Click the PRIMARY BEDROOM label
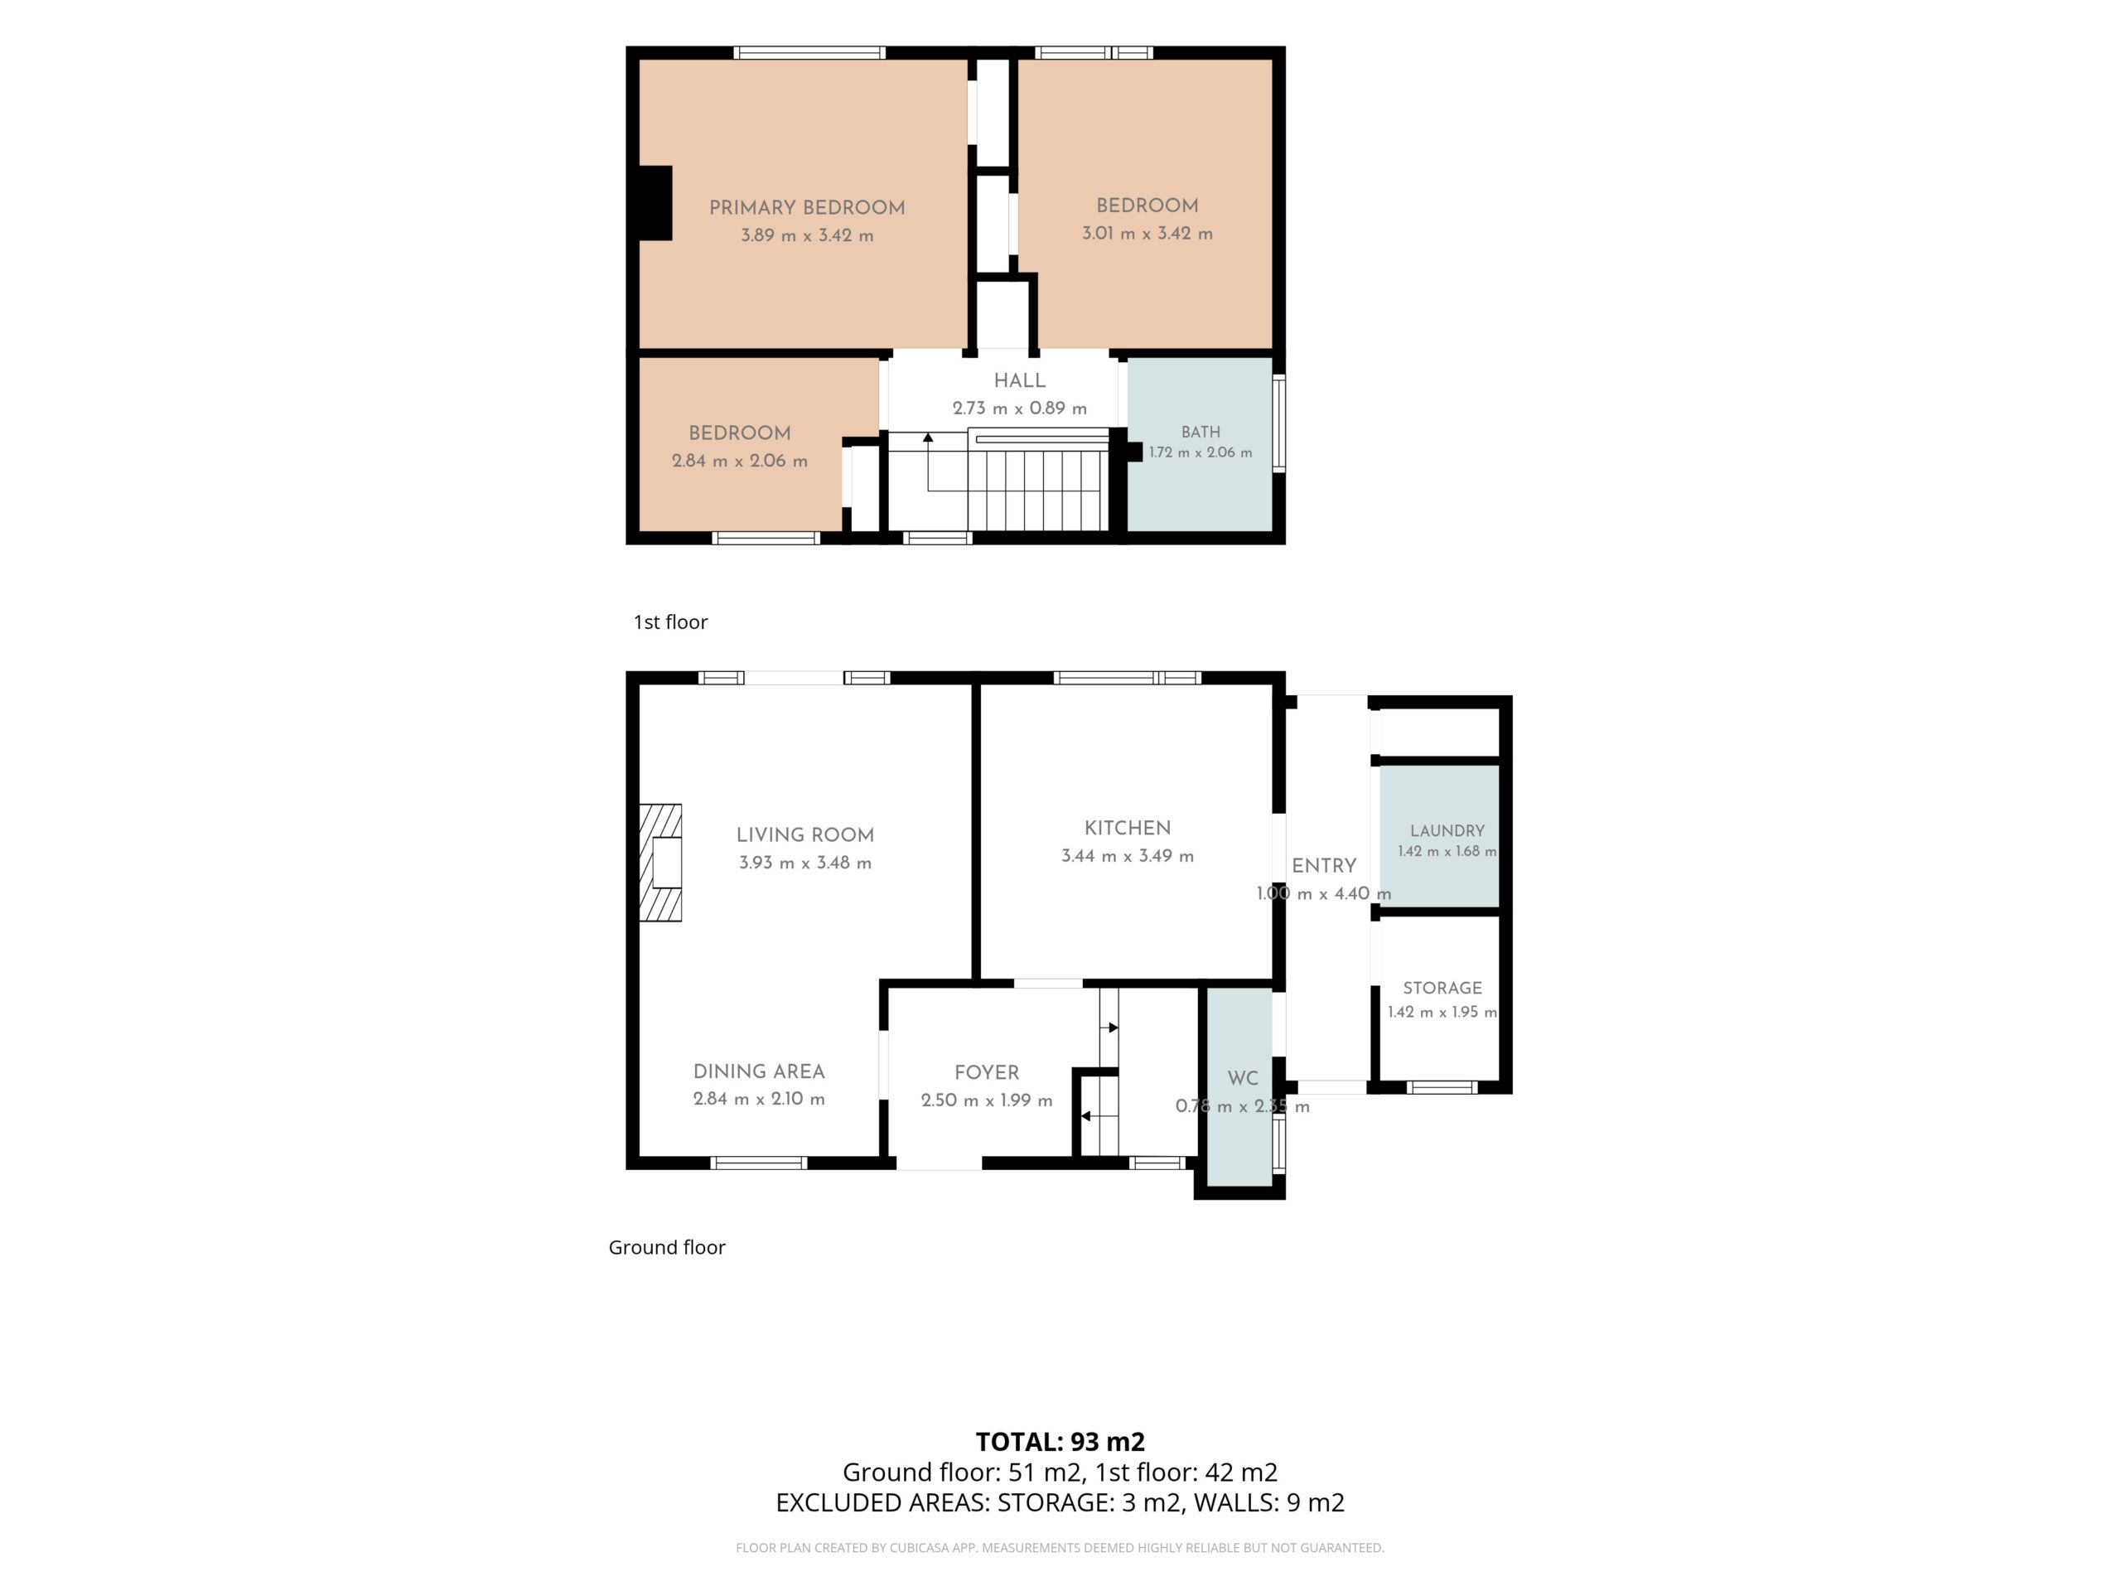[x=806, y=207]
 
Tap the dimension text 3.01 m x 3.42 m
[x=1147, y=233]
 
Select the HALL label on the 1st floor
[x=1019, y=380]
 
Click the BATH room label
[x=1201, y=433]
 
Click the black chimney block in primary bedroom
[x=656, y=202]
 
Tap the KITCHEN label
[x=1128, y=829]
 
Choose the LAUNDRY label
[x=1447, y=830]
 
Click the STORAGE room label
[x=1442, y=988]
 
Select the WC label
[x=1243, y=1078]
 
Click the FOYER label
[x=987, y=1072]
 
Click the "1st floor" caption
[x=670, y=621]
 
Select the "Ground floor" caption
[x=666, y=1247]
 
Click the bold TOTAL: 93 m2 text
[x=1060, y=1441]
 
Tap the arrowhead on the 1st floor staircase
[x=927, y=438]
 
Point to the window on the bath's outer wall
[x=1279, y=423]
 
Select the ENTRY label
[x=1323, y=866]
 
